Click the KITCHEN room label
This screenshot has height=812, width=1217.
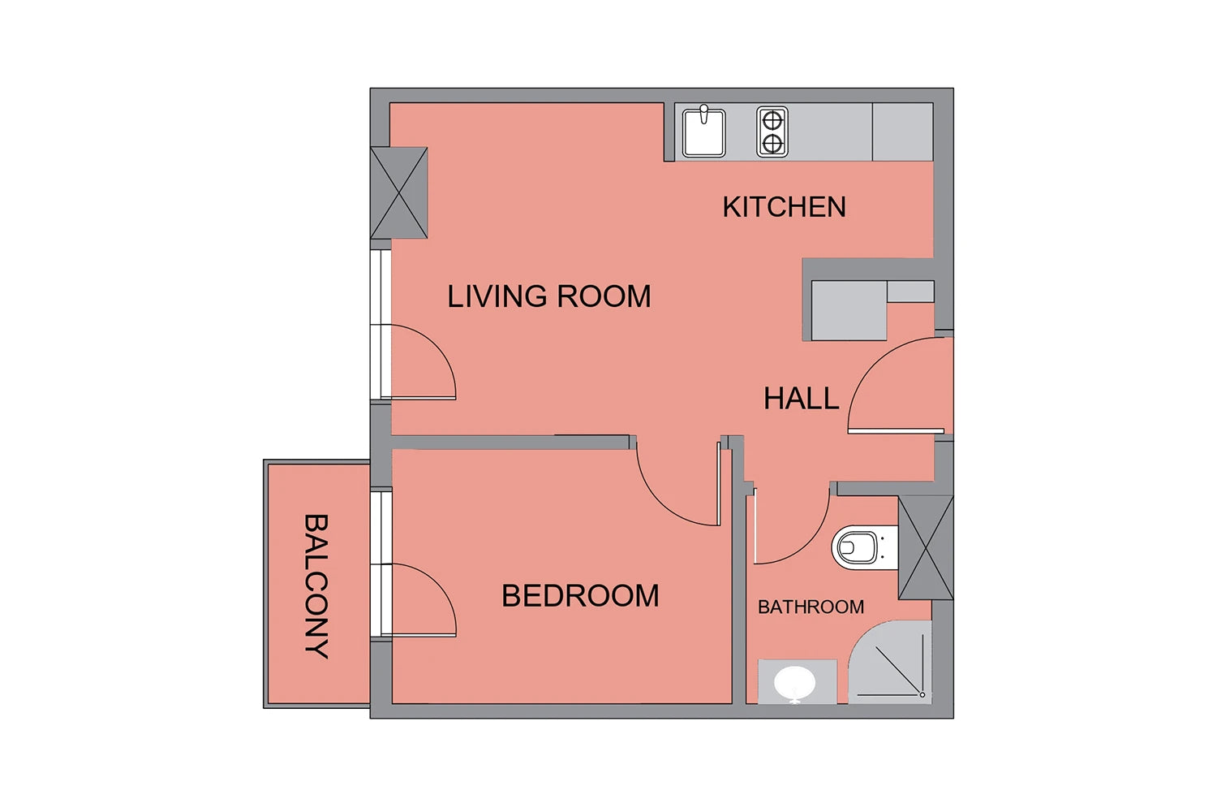tap(784, 207)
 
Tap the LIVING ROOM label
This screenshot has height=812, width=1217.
tap(548, 296)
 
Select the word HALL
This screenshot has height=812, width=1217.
tap(802, 398)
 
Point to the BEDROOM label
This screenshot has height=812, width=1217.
tap(580, 595)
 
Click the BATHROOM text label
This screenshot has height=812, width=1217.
tap(811, 607)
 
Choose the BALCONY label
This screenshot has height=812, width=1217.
tap(316, 586)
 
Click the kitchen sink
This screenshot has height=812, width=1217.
tap(703, 132)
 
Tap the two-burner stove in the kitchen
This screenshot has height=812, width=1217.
tap(772, 132)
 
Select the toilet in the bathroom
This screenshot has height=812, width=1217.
tap(864, 547)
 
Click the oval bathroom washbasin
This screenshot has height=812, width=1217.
tap(794, 684)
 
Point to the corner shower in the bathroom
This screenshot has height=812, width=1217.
tap(890, 663)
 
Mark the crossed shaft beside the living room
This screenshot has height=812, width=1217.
tap(399, 192)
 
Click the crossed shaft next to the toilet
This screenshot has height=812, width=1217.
tap(926, 547)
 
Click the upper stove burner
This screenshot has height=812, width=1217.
tap(772, 120)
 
